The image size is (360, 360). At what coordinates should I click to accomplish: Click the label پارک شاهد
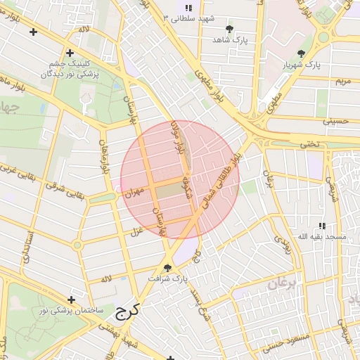[232, 39]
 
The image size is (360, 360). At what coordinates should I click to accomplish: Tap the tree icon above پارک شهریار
[302, 53]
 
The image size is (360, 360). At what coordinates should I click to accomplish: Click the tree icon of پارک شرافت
[167, 268]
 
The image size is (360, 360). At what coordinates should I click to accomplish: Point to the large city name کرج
[127, 309]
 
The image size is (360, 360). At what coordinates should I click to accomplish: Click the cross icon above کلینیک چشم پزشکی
[70, 53]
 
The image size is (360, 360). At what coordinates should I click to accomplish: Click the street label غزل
[137, 231]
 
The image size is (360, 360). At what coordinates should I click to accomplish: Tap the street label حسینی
[335, 121]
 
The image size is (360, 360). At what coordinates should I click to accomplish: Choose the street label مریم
[342, 82]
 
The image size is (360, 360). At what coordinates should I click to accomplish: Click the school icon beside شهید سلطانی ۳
[188, 7]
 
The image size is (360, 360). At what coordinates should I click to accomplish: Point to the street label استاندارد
[28, 245]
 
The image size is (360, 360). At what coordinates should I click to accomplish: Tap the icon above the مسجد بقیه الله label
[322, 226]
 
